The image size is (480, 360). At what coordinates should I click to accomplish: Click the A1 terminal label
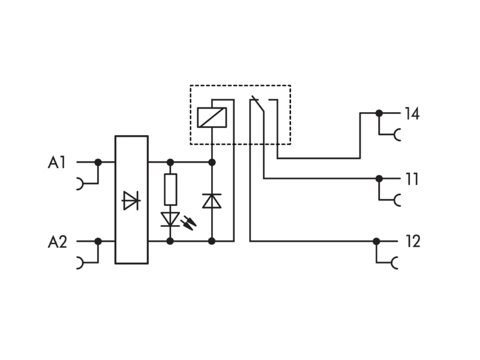pyautogui.click(x=57, y=162)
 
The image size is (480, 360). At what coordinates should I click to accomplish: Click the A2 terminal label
pyautogui.click(x=57, y=242)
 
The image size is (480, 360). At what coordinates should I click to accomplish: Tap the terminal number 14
pyautogui.click(x=412, y=113)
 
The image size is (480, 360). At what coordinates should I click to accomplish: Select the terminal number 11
pyautogui.click(x=412, y=179)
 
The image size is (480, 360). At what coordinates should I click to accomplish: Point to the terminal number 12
pyautogui.click(x=413, y=241)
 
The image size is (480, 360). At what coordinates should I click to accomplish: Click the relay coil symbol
pyautogui.click(x=212, y=118)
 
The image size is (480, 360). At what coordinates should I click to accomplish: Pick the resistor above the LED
pyautogui.click(x=170, y=190)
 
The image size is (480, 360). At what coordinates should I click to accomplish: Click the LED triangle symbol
pyautogui.click(x=170, y=220)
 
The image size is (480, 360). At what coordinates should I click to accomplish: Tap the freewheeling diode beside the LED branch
pyautogui.click(x=212, y=201)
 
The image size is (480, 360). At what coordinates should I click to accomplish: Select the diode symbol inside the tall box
pyautogui.click(x=131, y=200)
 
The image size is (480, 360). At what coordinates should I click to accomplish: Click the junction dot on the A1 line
pyautogui.click(x=98, y=162)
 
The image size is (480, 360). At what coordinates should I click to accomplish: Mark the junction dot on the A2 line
pyautogui.click(x=98, y=242)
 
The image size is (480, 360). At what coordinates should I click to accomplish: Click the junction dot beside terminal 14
pyautogui.click(x=379, y=113)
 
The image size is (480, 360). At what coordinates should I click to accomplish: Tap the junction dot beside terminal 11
pyautogui.click(x=379, y=178)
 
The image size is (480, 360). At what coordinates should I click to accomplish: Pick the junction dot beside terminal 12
pyautogui.click(x=377, y=242)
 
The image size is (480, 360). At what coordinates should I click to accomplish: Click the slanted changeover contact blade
pyautogui.click(x=257, y=104)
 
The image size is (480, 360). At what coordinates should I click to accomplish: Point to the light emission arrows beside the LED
pyautogui.click(x=188, y=223)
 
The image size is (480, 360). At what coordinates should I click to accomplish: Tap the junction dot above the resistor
pyautogui.click(x=170, y=162)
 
